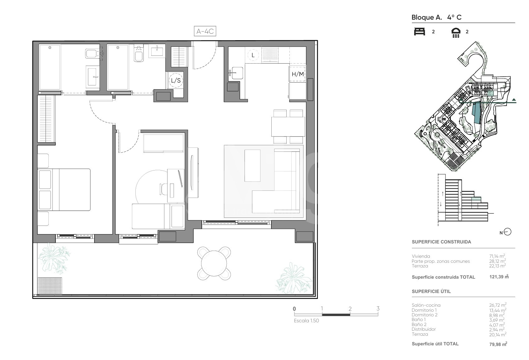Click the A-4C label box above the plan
pos(205,31)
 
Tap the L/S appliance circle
pos(176,80)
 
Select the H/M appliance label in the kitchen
pos(298,74)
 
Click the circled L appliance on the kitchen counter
pos(253,55)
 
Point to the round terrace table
pos(214,263)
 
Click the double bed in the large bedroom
pos(64,190)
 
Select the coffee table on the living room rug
pos(252,166)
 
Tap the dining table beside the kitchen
pos(288,127)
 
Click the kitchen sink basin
pos(237,73)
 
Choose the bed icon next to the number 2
pos(420,31)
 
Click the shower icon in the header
pos(456,33)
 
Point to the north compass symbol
pos(507,232)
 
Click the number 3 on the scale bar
pos(378,308)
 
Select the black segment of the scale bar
pos(336,315)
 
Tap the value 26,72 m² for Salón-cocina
pos(497,305)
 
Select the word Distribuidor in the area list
pos(424,329)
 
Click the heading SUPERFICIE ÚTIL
pos(431,291)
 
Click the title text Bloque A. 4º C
pos(436,17)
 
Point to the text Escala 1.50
pos(306,321)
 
